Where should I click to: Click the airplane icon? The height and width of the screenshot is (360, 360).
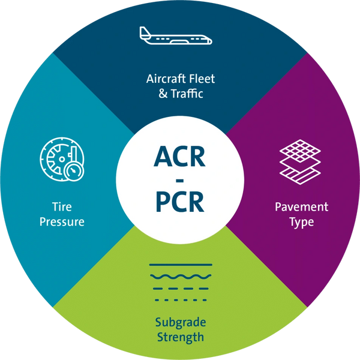click(x=176, y=35)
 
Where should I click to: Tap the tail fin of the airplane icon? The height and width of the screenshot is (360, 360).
click(x=144, y=32)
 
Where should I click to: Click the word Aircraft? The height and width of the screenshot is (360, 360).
click(x=164, y=79)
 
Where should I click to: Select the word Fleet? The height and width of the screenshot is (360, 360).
click(x=202, y=79)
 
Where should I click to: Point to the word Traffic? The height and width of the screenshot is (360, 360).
click(x=187, y=94)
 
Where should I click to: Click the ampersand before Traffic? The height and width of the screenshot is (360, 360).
click(x=163, y=94)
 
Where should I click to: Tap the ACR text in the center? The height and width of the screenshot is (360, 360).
click(x=179, y=157)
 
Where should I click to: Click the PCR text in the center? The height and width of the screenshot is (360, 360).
click(x=180, y=202)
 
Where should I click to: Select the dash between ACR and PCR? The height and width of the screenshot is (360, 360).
click(x=180, y=181)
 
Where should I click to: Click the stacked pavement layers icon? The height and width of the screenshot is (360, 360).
click(x=300, y=162)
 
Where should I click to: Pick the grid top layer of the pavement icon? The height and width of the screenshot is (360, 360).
click(x=300, y=151)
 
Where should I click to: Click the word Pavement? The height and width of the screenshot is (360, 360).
click(x=301, y=207)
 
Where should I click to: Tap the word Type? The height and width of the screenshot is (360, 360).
click(x=301, y=222)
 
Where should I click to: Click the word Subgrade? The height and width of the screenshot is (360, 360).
click(x=181, y=322)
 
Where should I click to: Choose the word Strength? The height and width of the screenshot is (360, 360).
click(x=181, y=337)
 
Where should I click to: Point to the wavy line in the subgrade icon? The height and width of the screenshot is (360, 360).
click(x=181, y=277)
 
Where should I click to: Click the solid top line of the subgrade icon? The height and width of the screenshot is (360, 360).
click(x=181, y=265)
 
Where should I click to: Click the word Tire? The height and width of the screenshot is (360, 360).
click(x=62, y=206)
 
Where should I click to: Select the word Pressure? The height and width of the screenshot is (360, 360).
click(x=62, y=222)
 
